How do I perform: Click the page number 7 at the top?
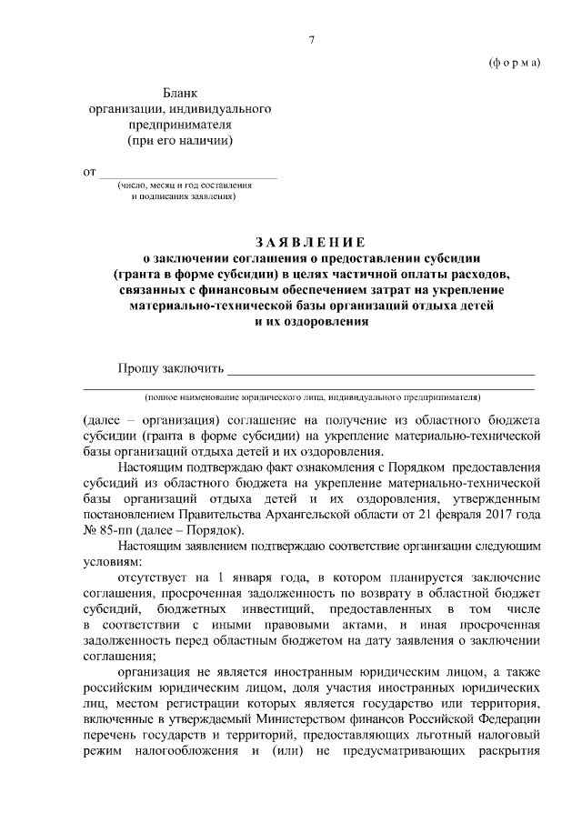click(311, 39)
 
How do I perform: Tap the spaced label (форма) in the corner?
click(514, 63)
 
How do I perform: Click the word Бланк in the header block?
click(179, 93)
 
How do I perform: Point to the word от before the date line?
click(89, 171)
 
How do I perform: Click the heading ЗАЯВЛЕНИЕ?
click(310, 242)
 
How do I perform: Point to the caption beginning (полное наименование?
click(310, 397)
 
